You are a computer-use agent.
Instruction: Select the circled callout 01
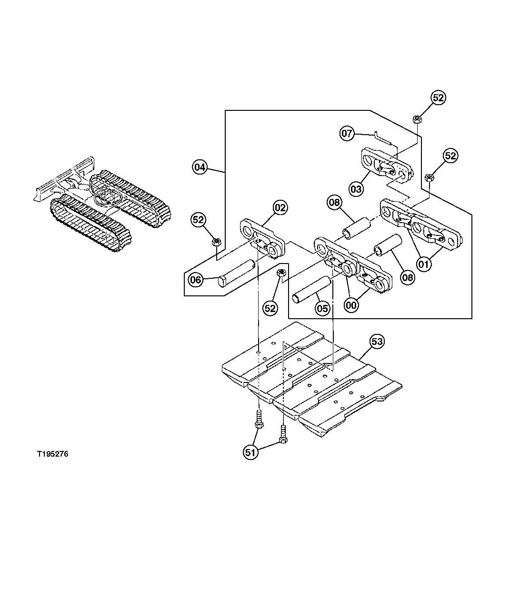click(x=424, y=262)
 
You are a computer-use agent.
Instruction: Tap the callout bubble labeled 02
click(x=280, y=208)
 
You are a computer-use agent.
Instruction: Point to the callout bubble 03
click(x=356, y=189)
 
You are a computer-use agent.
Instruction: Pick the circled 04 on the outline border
click(x=200, y=167)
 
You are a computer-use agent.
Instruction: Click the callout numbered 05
click(x=322, y=308)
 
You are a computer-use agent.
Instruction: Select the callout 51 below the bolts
click(x=250, y=452)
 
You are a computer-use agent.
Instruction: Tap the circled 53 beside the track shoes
click(x=377, y=341)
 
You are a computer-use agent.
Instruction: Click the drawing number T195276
click(x=52, y=454)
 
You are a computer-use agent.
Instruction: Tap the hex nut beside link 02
click(x=215, y=242)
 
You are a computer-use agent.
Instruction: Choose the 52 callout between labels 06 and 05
click(x=270, y=308)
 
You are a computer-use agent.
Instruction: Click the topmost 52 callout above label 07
click(x=438, y=98)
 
